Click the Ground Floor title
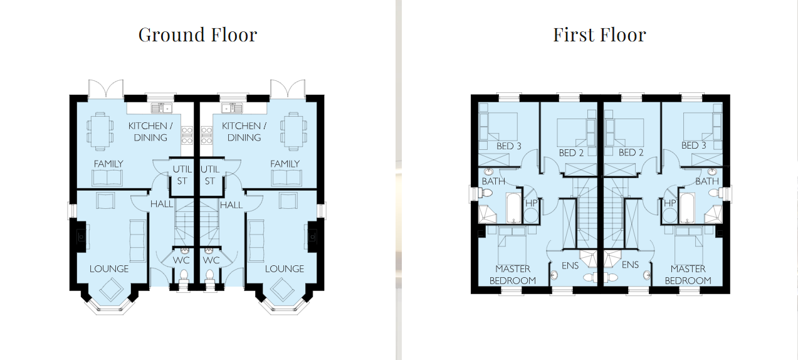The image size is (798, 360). (197, 35)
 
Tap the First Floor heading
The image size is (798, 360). (599, 35)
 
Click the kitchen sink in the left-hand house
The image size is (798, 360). (162, 108)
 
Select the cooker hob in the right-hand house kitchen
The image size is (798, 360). (207, 135)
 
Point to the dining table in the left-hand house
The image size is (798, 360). (100, 131)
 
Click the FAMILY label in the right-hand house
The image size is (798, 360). (285, 164)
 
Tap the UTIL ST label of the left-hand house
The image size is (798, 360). (182, 175)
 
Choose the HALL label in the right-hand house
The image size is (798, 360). (231, 205)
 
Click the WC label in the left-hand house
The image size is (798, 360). (181, 260)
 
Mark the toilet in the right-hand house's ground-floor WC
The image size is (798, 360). (210, 278)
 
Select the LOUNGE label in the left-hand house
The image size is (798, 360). (109, 269)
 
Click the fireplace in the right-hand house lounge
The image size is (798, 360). (312, 236)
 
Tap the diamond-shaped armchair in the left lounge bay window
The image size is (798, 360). (112, 289)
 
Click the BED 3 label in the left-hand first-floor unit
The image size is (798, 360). (509, 146)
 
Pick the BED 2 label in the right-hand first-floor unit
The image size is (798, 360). (631, 153)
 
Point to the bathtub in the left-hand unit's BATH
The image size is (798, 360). (513, 208)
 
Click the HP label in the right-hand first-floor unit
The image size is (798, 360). (669, 203)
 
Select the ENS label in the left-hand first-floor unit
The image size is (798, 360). (570, 265)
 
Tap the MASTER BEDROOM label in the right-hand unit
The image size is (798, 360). (688, 275)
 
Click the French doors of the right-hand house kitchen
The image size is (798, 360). (288, 88)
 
